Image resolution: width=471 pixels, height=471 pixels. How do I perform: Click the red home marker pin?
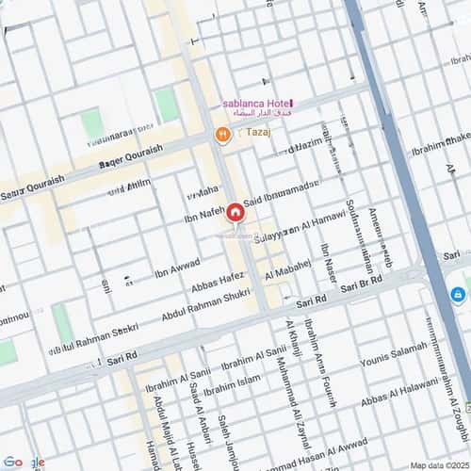(234, 213)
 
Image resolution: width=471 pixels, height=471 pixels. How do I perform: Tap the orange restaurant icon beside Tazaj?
(222, 135)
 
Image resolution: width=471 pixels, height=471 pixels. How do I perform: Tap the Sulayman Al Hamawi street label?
(299, 229)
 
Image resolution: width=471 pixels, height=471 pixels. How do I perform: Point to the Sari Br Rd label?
(362, 284)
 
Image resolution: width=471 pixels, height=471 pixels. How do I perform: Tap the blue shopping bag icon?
(459, 295)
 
